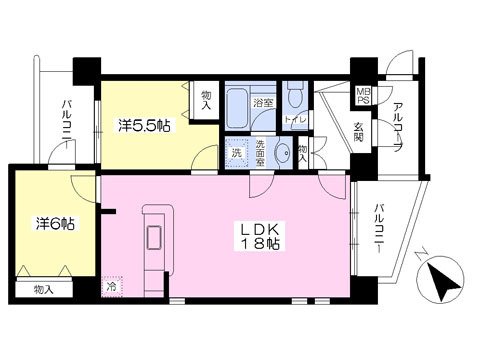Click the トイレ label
pos(295,120)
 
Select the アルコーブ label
pos(398,128)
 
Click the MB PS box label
pos(363,97)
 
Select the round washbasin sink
pos(283,153)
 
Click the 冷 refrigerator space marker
pos(110,285)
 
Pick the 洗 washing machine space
pos(235,153)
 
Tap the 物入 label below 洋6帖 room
pos(44,290)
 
